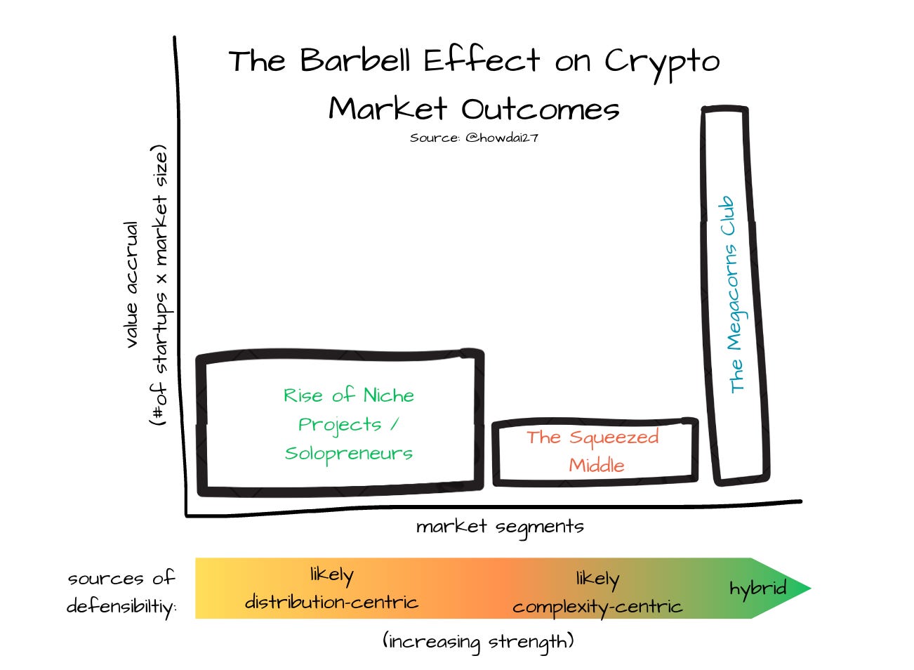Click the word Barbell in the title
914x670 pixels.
pos(356,61)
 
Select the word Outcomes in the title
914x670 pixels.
pos(540,110)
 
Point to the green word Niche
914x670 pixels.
pos(388,395)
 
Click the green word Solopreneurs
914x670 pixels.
pos(349,454)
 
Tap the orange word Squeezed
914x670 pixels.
pos(614,438)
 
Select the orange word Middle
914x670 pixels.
pos(596,465)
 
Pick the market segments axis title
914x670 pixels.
pos(499,527)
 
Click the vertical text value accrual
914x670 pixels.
pos(131,284)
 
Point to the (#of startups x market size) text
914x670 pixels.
pos(161,285)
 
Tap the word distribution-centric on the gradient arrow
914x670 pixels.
pos(331,602)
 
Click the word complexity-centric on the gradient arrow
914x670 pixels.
pos(597,607)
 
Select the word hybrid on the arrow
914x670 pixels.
pos(757,589)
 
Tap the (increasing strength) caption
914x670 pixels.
pos(478,641)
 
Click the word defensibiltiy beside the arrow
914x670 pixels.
pos(121,606)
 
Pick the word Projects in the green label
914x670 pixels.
pos(340,425)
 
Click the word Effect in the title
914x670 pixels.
pos(482,61)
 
